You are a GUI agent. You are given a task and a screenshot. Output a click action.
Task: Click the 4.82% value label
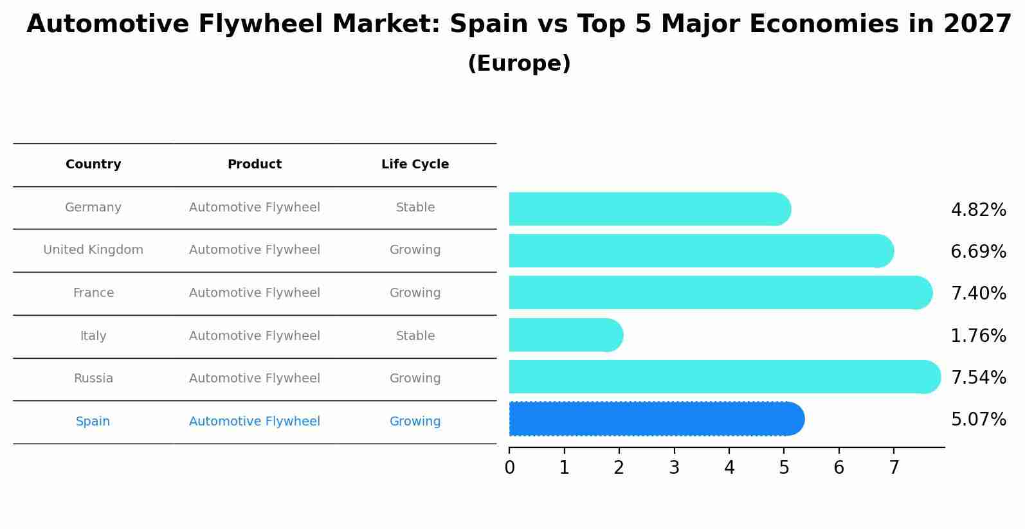click(978, 210)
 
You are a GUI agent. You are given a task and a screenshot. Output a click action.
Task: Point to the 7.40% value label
click(978, 294)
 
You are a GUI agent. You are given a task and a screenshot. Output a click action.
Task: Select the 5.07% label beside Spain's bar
click(978, 420)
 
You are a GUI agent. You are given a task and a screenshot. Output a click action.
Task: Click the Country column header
click(93, 165)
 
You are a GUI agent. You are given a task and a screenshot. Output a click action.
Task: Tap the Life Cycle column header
click(415, 165)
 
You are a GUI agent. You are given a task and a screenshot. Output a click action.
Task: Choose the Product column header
click(255, 165)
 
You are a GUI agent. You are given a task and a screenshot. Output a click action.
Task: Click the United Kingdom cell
click(93, 250)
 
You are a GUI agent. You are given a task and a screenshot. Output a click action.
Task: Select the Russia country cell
click(93, 379)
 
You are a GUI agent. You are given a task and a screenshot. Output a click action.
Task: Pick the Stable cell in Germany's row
click(415, 208)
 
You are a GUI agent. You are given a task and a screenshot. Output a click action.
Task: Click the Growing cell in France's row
click(415, 293)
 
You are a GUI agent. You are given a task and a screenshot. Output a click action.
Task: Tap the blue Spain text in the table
click(93, 422)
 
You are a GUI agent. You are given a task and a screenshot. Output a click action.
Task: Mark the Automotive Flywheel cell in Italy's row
click(255, 336)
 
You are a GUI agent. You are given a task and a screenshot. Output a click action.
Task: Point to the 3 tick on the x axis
click(674, 467)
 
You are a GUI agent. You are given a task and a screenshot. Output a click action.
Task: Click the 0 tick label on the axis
click(509, 467)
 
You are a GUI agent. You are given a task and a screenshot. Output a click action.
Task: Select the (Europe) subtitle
click(519, 64)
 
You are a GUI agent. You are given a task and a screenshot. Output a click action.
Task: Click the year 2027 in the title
click(977, 24)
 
